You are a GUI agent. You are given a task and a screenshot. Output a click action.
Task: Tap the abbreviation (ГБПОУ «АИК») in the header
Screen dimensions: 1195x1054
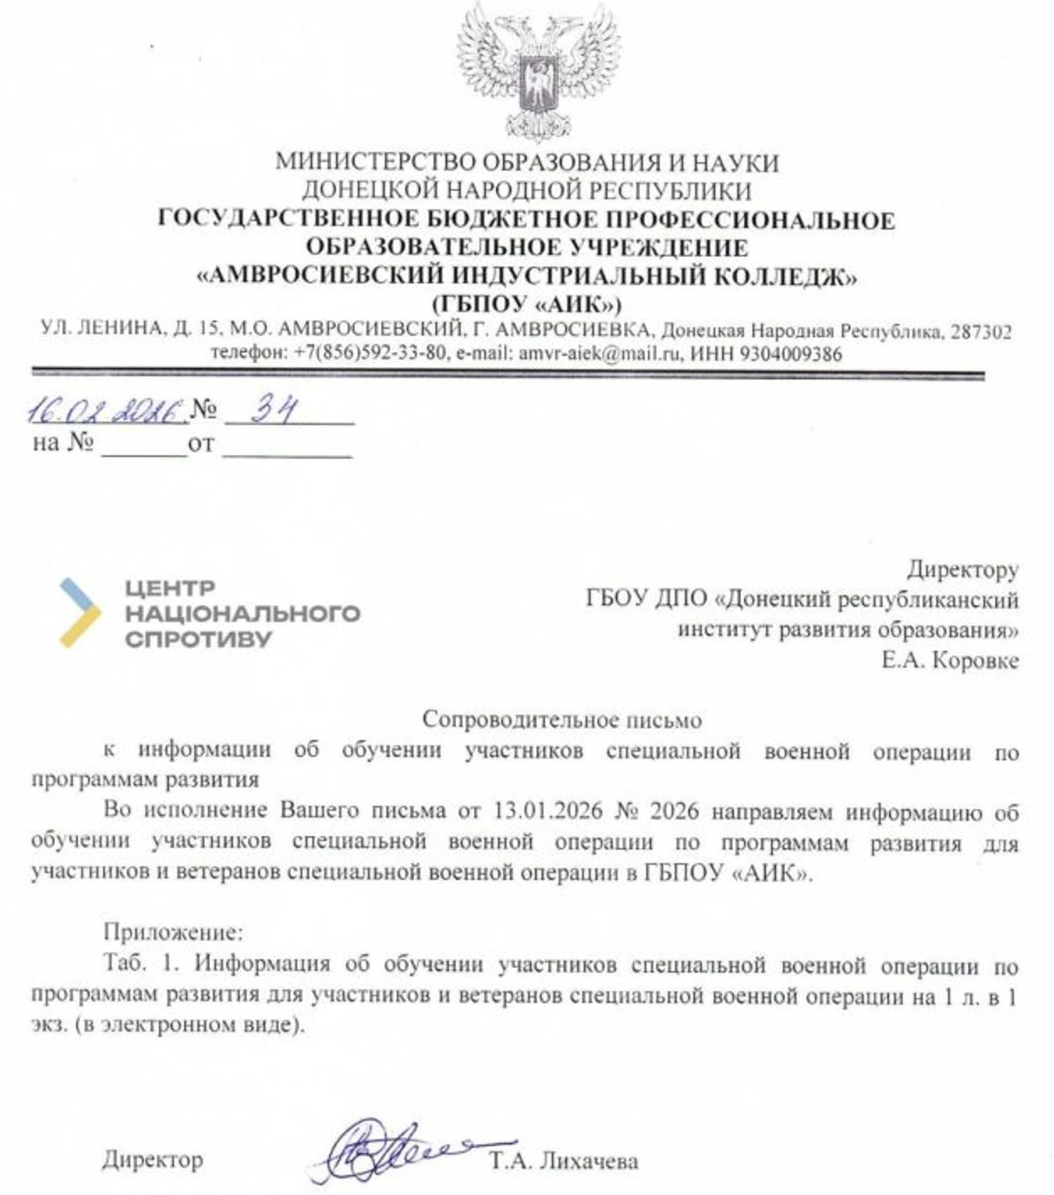pos(526,304)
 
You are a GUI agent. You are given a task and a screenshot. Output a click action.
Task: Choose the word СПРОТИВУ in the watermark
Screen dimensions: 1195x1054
pos(198,640)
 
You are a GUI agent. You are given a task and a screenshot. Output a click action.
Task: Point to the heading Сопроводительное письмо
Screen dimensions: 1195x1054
pos(562,720)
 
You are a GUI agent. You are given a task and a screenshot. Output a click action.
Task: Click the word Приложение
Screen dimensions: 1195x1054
pos(173,932)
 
